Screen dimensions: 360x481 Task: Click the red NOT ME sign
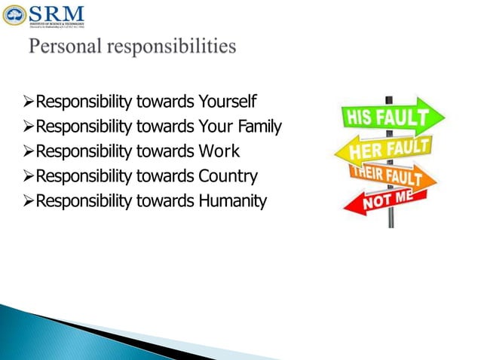(x=385, y=200)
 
